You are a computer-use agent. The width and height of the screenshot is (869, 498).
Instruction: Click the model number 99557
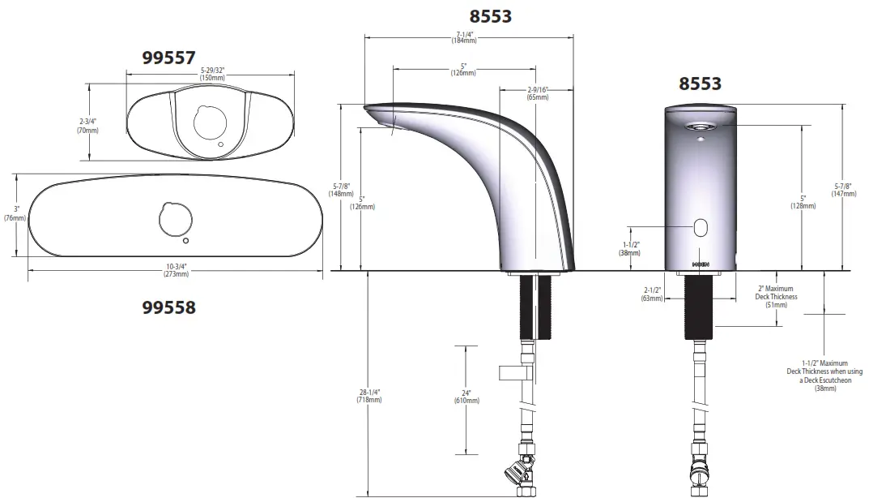click(168, 58)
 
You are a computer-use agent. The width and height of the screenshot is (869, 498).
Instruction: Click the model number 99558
click(168, 307)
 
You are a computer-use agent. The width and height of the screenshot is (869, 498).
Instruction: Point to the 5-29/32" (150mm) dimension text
click(212, 74)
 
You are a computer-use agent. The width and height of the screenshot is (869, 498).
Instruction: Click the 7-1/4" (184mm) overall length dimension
click(464, 37)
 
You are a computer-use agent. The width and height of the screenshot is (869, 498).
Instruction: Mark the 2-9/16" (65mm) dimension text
click(538, 93)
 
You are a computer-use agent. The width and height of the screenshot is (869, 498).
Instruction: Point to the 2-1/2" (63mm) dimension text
click(652, 294)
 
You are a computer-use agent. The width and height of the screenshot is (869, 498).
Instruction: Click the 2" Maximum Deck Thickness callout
click(776, 297)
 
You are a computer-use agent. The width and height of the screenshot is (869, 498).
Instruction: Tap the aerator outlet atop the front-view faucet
click(700, 127)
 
